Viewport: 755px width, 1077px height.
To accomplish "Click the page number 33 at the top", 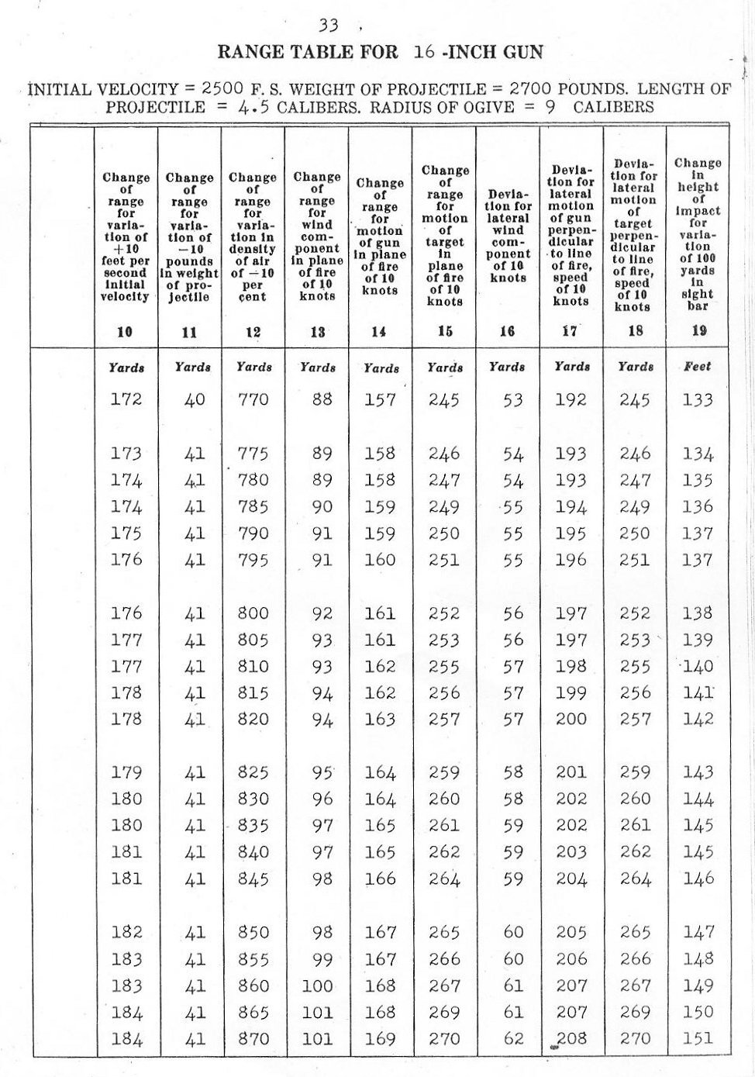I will [329, 25].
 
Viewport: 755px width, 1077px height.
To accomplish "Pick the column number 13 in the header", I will [317, 332].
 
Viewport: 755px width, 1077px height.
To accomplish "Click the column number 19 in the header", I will [698, 330].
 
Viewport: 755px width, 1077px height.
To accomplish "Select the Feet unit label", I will [698, 366].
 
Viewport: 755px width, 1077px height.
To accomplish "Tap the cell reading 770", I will [253, 400].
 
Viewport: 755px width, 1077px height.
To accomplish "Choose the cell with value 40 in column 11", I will [195, 400].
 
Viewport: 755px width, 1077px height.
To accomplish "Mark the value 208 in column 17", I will [571, 1038].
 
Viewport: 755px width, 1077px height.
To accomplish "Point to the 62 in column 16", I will [513, 1038].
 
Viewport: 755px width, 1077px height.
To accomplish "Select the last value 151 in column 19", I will [698, 1038].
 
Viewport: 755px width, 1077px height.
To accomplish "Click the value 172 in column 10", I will [126, 400].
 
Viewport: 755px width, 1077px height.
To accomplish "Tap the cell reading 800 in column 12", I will [253, 613].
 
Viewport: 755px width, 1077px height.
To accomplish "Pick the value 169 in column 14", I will [380, 1038].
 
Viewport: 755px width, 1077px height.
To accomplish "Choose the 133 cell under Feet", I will [698, 400].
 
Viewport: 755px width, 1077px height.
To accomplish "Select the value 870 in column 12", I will [253, 1038].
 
